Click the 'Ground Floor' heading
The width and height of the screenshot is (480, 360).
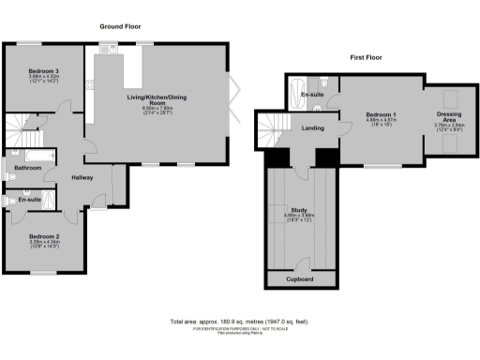tap(120, 28)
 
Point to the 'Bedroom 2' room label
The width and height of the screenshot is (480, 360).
tap(43, 236)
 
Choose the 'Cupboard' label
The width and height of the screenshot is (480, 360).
tap(301, 279)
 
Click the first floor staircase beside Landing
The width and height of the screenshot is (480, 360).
tap(272, 125)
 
